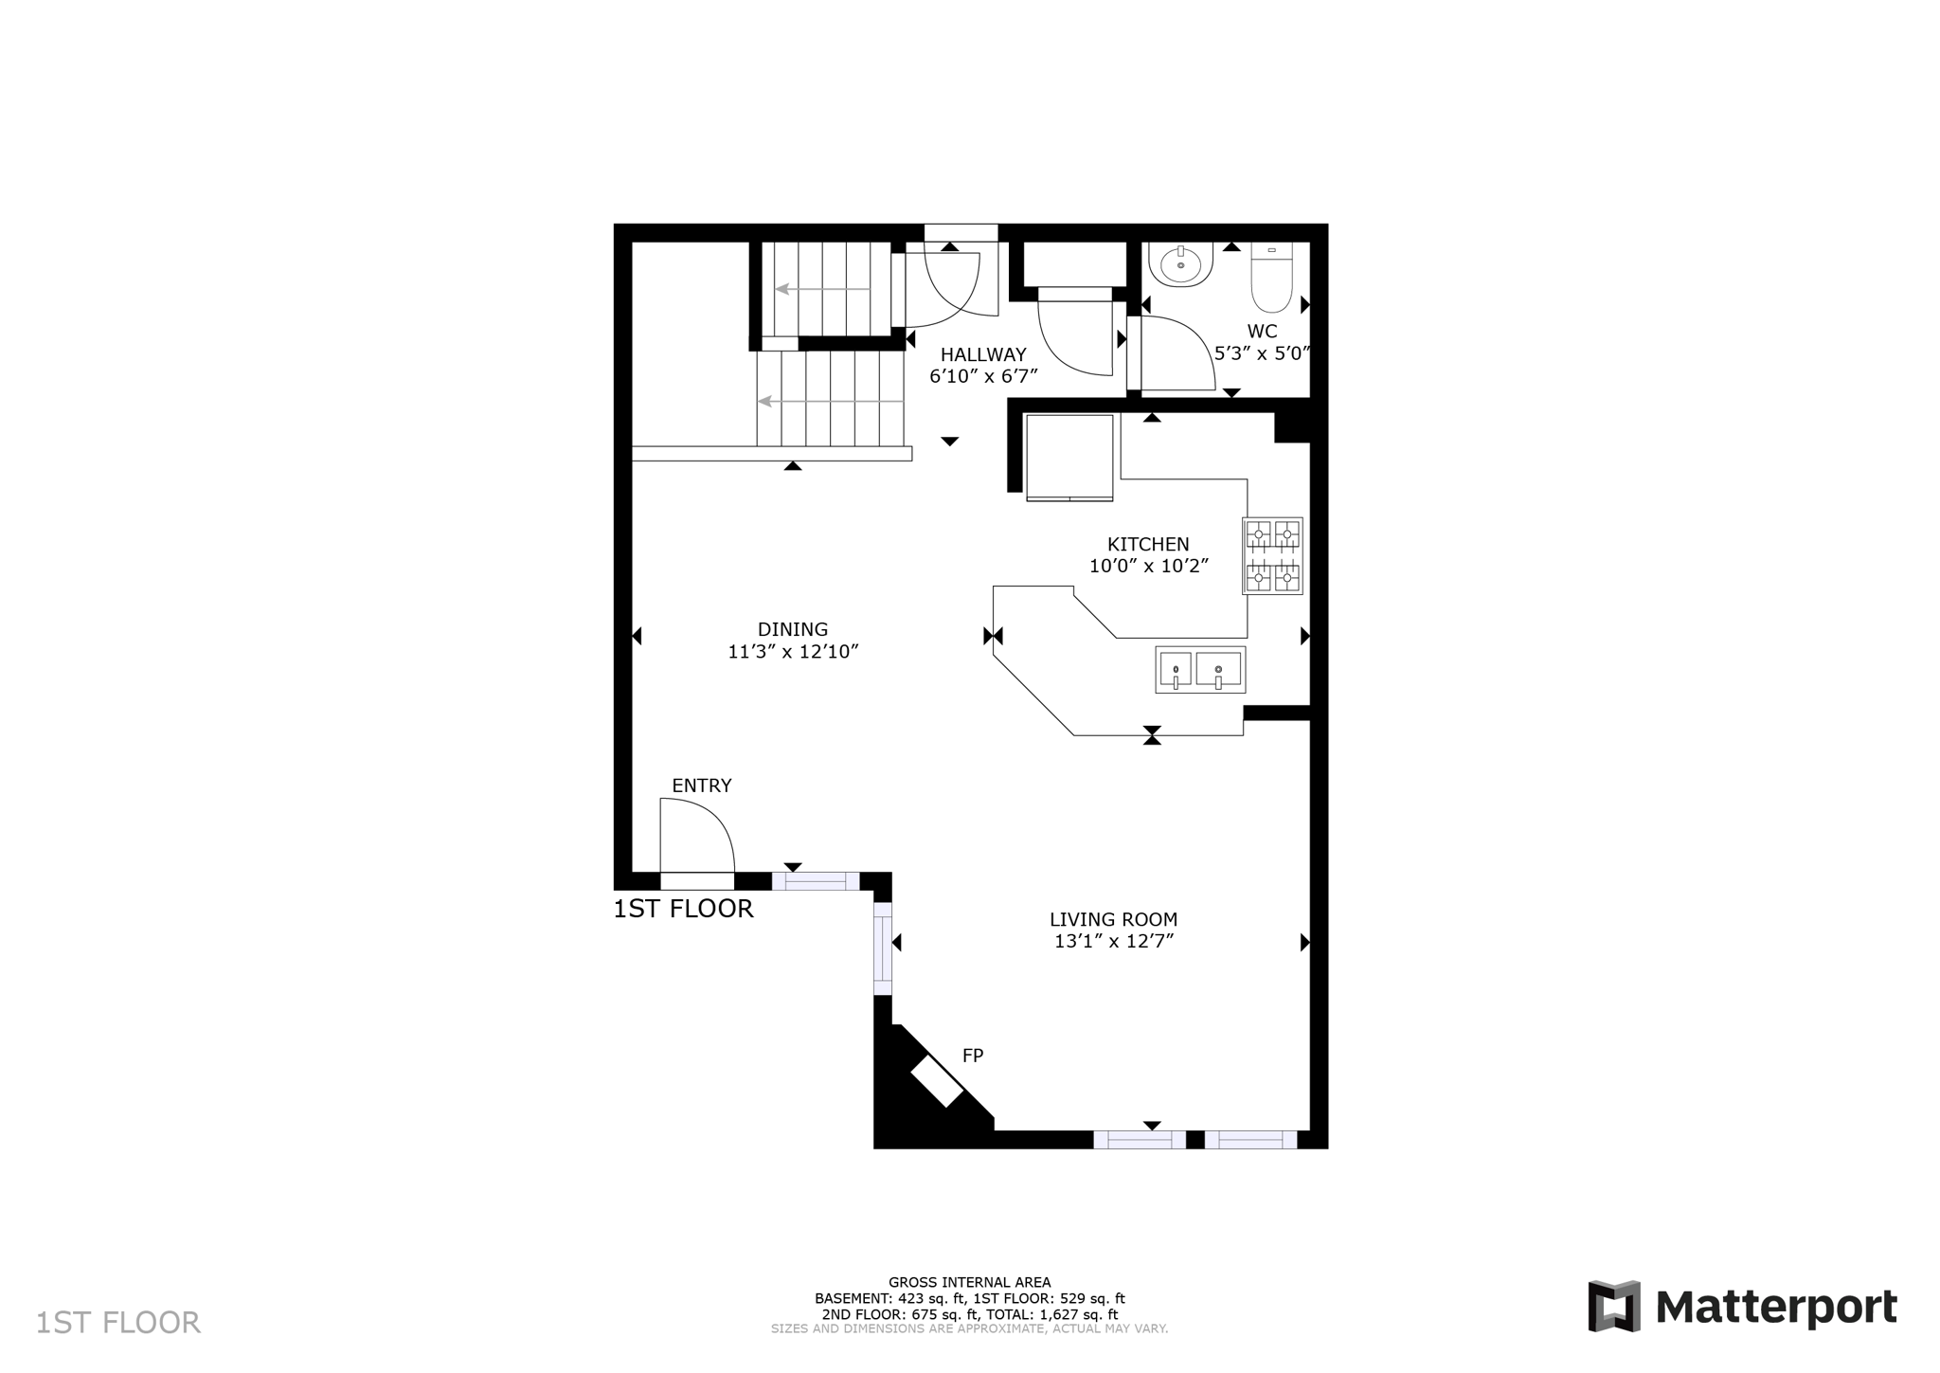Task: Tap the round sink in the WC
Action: pos(1180,264)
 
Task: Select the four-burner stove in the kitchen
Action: pos(1272,556)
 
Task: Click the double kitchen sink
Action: pos(1199,670)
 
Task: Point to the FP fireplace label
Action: pos(973,1056)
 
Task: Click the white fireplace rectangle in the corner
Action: pos(937,1080)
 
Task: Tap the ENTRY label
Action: pos(701,786)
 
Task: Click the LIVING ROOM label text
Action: pos(1113,919)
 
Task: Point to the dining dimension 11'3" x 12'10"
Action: pos(793,652)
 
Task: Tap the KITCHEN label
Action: pos(1148,544)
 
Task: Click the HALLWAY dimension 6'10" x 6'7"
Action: pos(983,376)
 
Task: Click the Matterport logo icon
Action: pos(1613,1307)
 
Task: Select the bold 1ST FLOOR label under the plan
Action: pos(683,910)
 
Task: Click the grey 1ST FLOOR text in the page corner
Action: pos(118,1323)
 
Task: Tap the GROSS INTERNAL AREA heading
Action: pos(969,1283)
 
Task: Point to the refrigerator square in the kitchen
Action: pos(1069,456)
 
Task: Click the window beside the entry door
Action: pos(815,881)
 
